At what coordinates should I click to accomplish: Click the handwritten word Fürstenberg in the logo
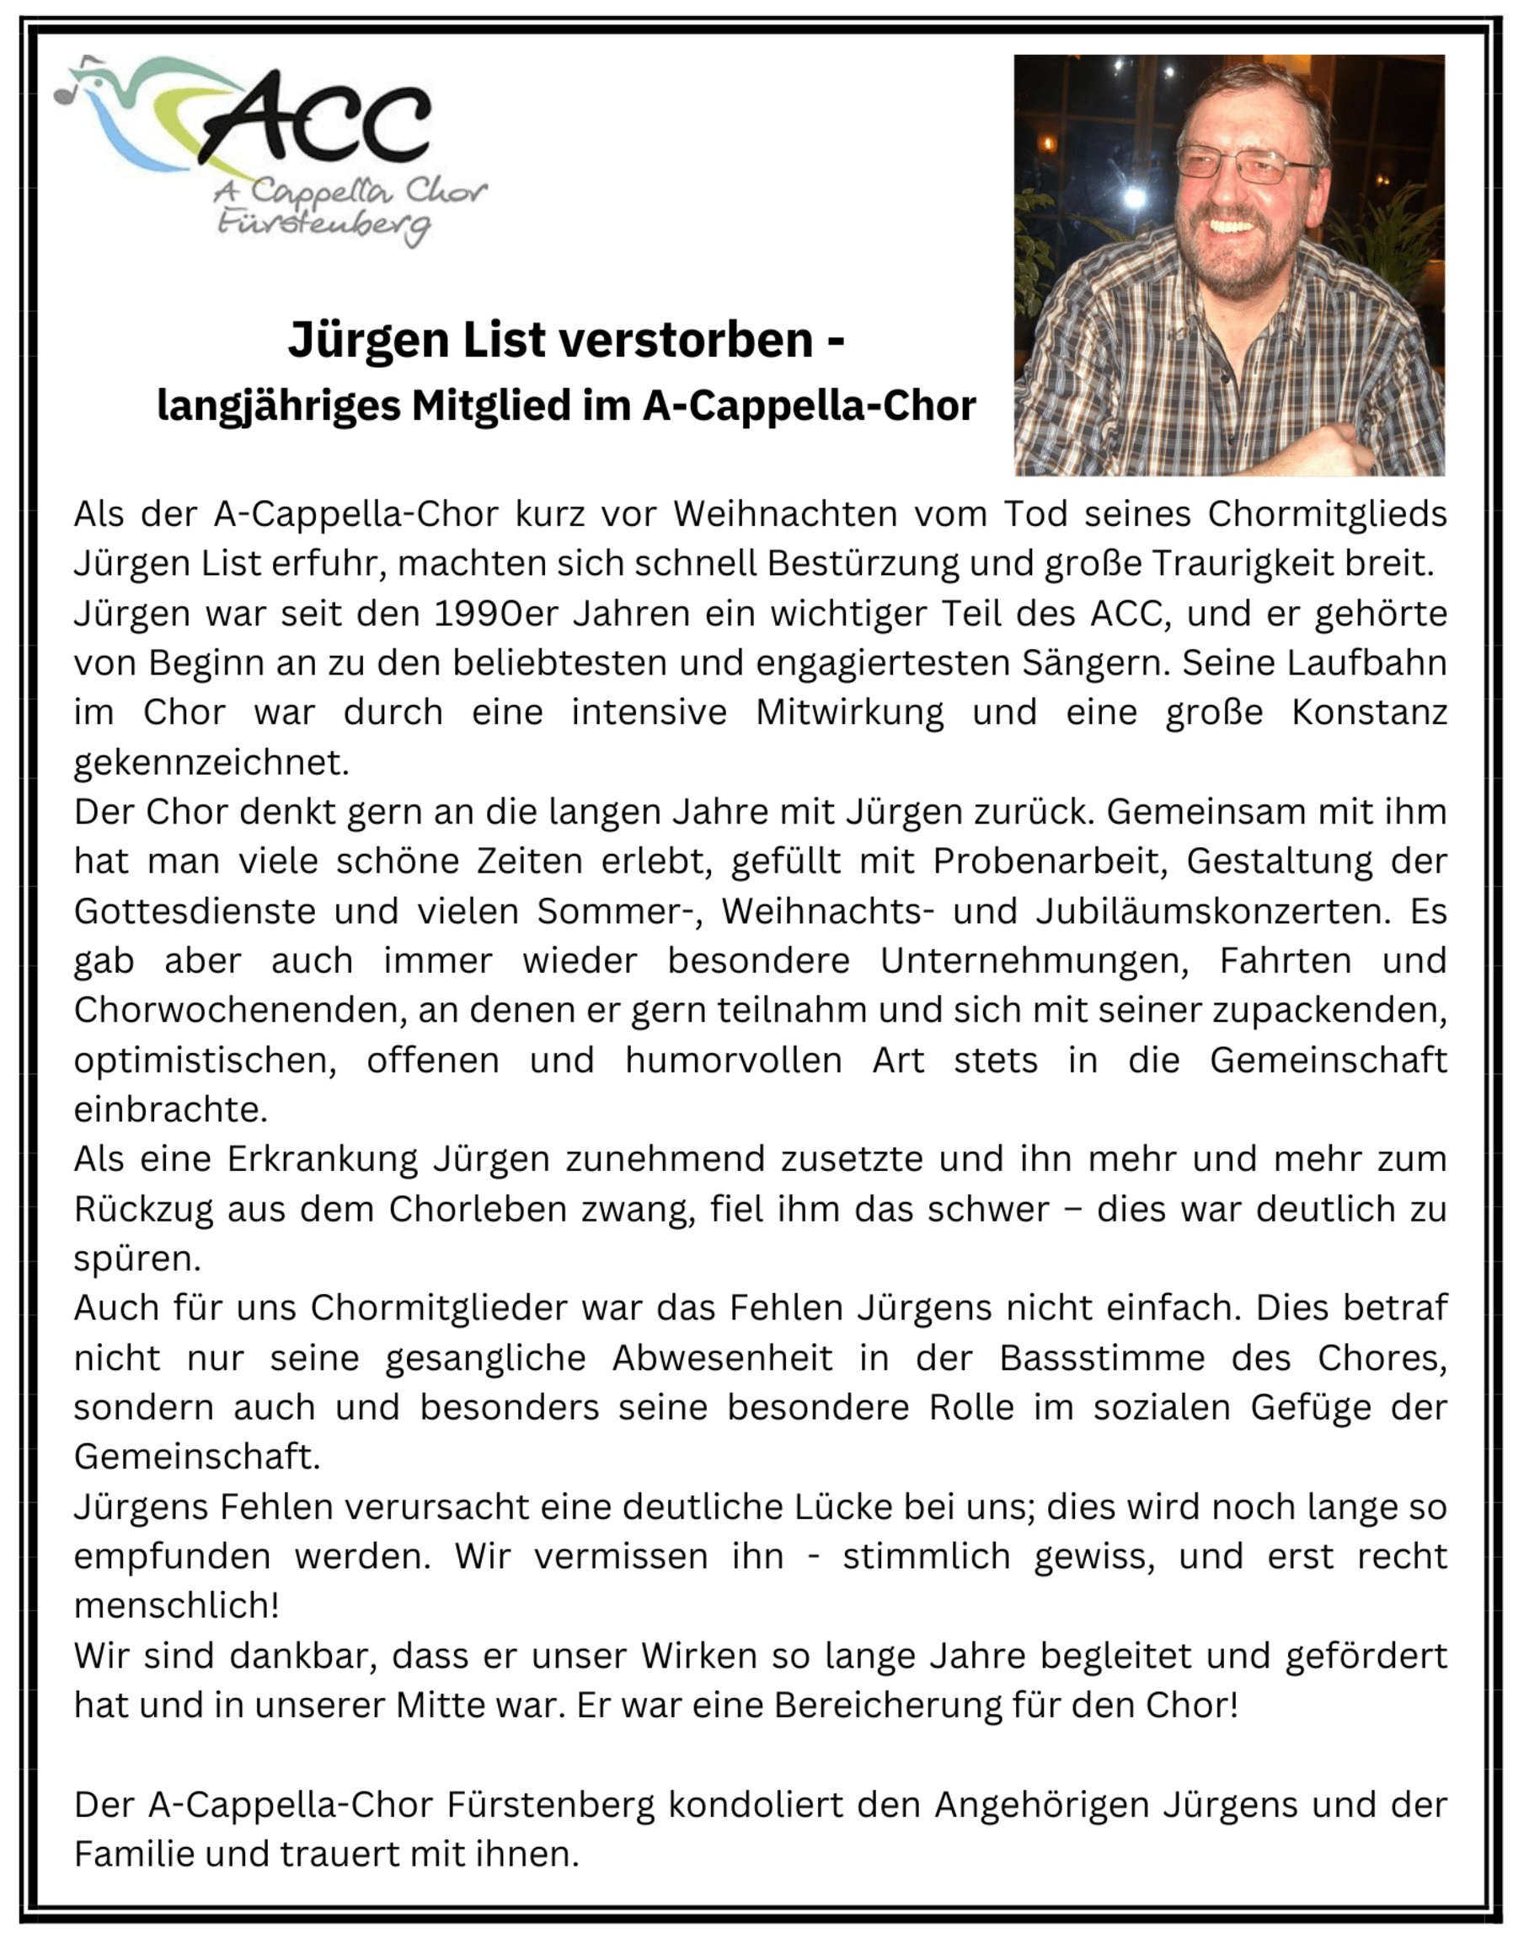[323, 223]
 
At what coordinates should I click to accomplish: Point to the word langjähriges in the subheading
[277, 406]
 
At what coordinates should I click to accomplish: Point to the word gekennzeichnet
[211, 763]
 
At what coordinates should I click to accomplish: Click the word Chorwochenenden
[239, 1010]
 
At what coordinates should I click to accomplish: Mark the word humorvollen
[733, 1060]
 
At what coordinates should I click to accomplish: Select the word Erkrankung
[322, 1159]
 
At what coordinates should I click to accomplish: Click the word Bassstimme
[1102, 1358]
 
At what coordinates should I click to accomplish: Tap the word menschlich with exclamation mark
[177, 1606]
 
